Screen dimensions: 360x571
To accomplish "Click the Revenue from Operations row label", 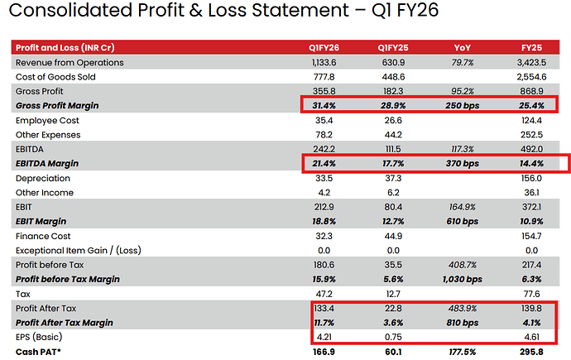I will (70, 62).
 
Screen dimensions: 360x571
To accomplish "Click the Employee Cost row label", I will (49, 120).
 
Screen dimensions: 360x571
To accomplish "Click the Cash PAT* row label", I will (41, 352).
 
